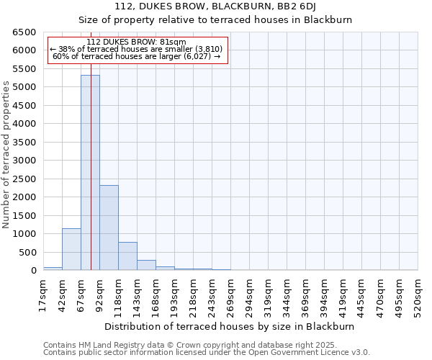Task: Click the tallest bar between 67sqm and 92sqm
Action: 90,173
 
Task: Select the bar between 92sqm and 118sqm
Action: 109,228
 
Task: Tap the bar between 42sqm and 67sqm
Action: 71,249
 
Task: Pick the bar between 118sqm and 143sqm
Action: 127,256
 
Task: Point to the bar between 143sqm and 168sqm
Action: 146,265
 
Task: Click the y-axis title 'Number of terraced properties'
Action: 6,155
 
